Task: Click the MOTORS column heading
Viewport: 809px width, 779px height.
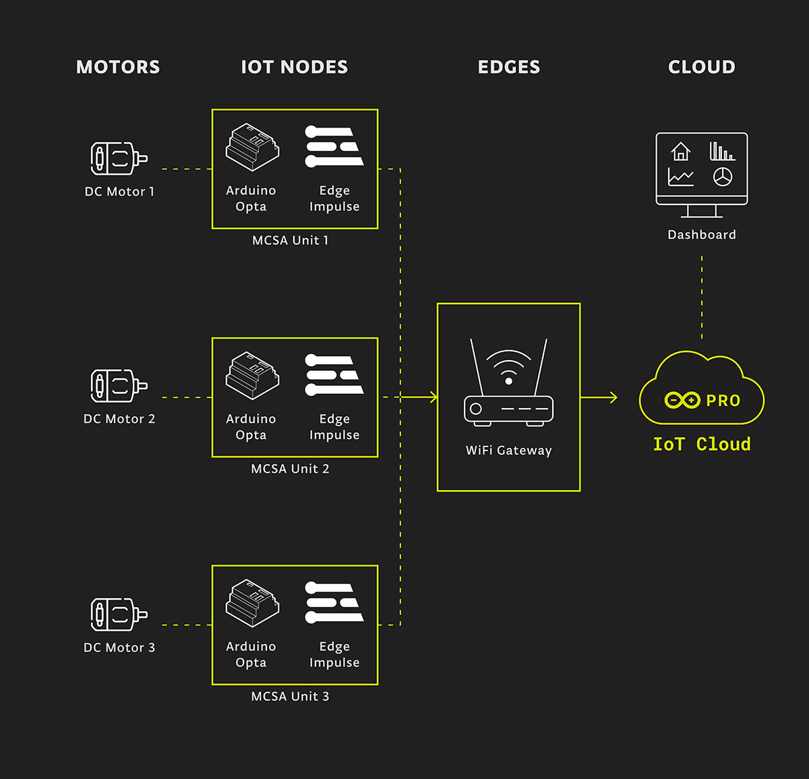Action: [x=118, y=67]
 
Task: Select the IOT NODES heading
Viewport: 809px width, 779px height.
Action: [x=295, y=67]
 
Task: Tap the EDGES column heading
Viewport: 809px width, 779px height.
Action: [x=509, y=67]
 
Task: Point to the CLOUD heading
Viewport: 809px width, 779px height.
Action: [x=702, y=67]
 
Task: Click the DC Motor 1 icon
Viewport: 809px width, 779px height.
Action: [x=119, y=158]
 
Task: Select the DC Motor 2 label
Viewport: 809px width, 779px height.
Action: [x=119, y=419]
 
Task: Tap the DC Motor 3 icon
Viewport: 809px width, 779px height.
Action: [x=119, y=614]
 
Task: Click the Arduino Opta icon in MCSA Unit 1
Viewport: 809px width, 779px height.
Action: [x=252, y=146]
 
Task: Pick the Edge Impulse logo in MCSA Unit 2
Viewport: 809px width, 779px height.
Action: [x=334, y=374]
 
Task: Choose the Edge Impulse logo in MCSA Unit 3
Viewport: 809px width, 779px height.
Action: [x=334, y=602]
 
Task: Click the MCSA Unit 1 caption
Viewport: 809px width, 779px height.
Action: [x=290, y=240]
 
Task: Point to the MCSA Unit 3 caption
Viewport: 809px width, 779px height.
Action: [x=290, y=696]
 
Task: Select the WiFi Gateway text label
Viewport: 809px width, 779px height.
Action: [x=508, y=451]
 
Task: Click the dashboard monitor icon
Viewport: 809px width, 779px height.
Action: [x=702, y=174]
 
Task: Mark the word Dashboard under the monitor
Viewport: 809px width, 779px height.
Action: [x=702, y=235]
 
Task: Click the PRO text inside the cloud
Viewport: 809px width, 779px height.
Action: [x=723, y=401]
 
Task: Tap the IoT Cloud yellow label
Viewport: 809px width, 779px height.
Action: [x=702, y=444]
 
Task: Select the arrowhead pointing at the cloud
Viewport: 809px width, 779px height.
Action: [x=613, y=397]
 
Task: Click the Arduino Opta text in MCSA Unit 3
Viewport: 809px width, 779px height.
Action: [x=251, y=654]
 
